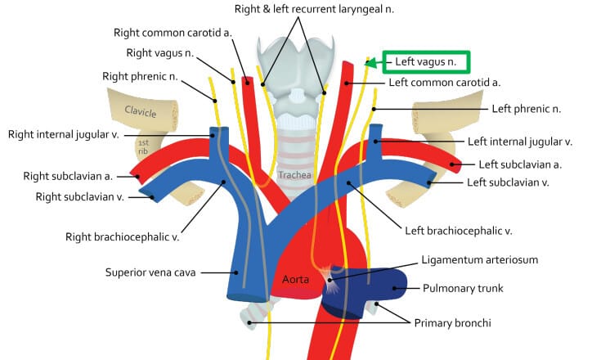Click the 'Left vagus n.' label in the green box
(431, 61)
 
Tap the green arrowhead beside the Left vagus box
(372, 62)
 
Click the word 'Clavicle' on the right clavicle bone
(140, 111)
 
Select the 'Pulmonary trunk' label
(464, 288)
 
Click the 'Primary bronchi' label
(452, 323)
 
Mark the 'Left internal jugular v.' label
(518, 142)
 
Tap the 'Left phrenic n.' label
(526, 108)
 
